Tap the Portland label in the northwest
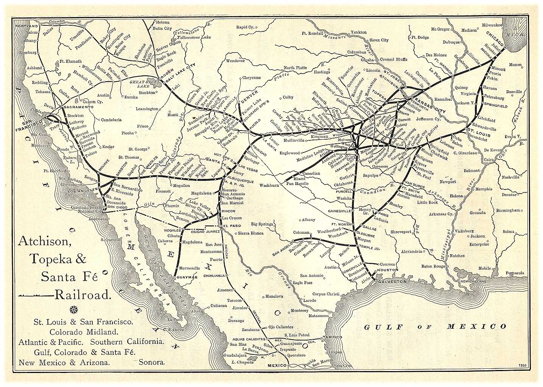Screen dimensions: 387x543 (28, 26)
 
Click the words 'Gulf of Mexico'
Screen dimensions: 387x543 (435, 326)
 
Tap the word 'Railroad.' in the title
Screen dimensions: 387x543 (82, 294)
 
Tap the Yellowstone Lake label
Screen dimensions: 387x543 (191, 38)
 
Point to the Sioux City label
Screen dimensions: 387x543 (379, 40)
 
